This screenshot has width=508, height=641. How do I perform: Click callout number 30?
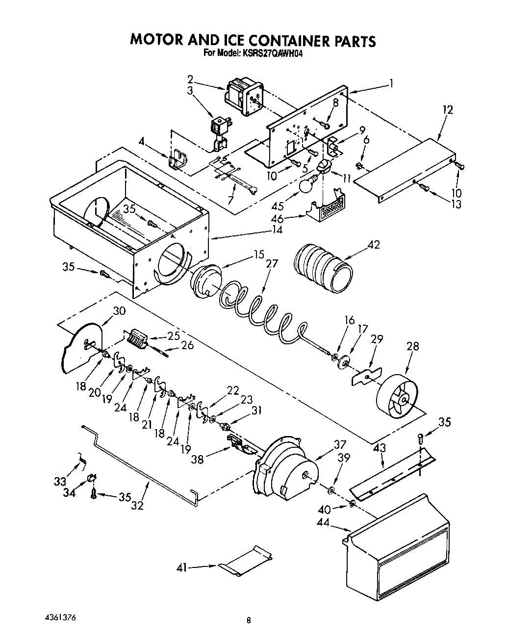(x=119, y=310)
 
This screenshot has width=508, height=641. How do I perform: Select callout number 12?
(x=447, y=110)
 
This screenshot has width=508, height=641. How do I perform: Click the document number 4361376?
(x=58, y=615)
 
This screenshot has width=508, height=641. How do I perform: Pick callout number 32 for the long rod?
(x=137, y=505)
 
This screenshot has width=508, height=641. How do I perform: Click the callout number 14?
(x=278, y=229)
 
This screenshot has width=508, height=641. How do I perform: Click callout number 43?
(x=379, y=447)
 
